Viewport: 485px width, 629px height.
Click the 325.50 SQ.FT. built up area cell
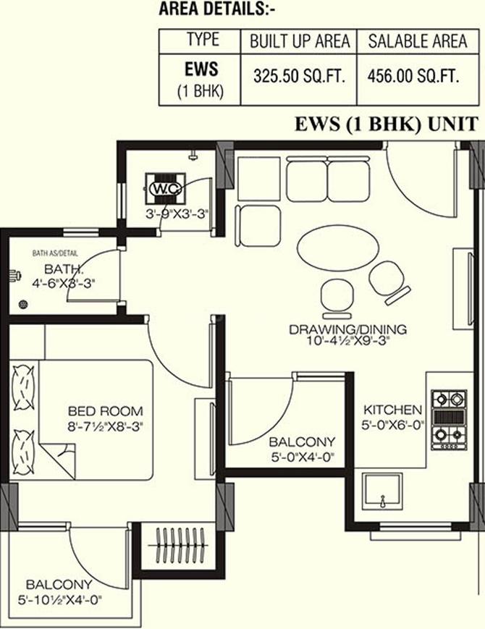pos(300,74)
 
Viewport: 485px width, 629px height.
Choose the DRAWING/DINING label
pos(347,329)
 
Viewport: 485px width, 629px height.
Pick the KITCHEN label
pos(393,409)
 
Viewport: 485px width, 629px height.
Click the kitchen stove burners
pos(448,418)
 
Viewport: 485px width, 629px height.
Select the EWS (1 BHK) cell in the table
pos(201,79)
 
